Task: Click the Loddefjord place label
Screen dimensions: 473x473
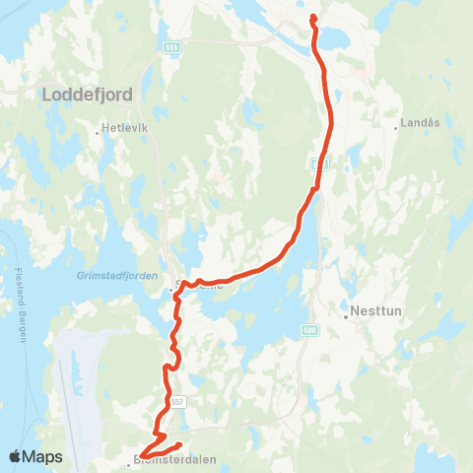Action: pos(86,95)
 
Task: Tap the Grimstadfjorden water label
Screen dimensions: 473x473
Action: pos(117,277)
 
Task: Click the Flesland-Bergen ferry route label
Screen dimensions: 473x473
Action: pos(19,304)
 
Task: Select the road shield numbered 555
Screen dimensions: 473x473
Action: pos(172,46)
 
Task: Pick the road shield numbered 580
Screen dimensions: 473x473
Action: pos(310,331)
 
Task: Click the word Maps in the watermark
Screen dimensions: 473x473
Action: pos(43,456)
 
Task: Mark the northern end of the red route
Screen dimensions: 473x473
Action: pos(313,17)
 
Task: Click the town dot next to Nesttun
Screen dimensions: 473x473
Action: pos(348,317)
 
